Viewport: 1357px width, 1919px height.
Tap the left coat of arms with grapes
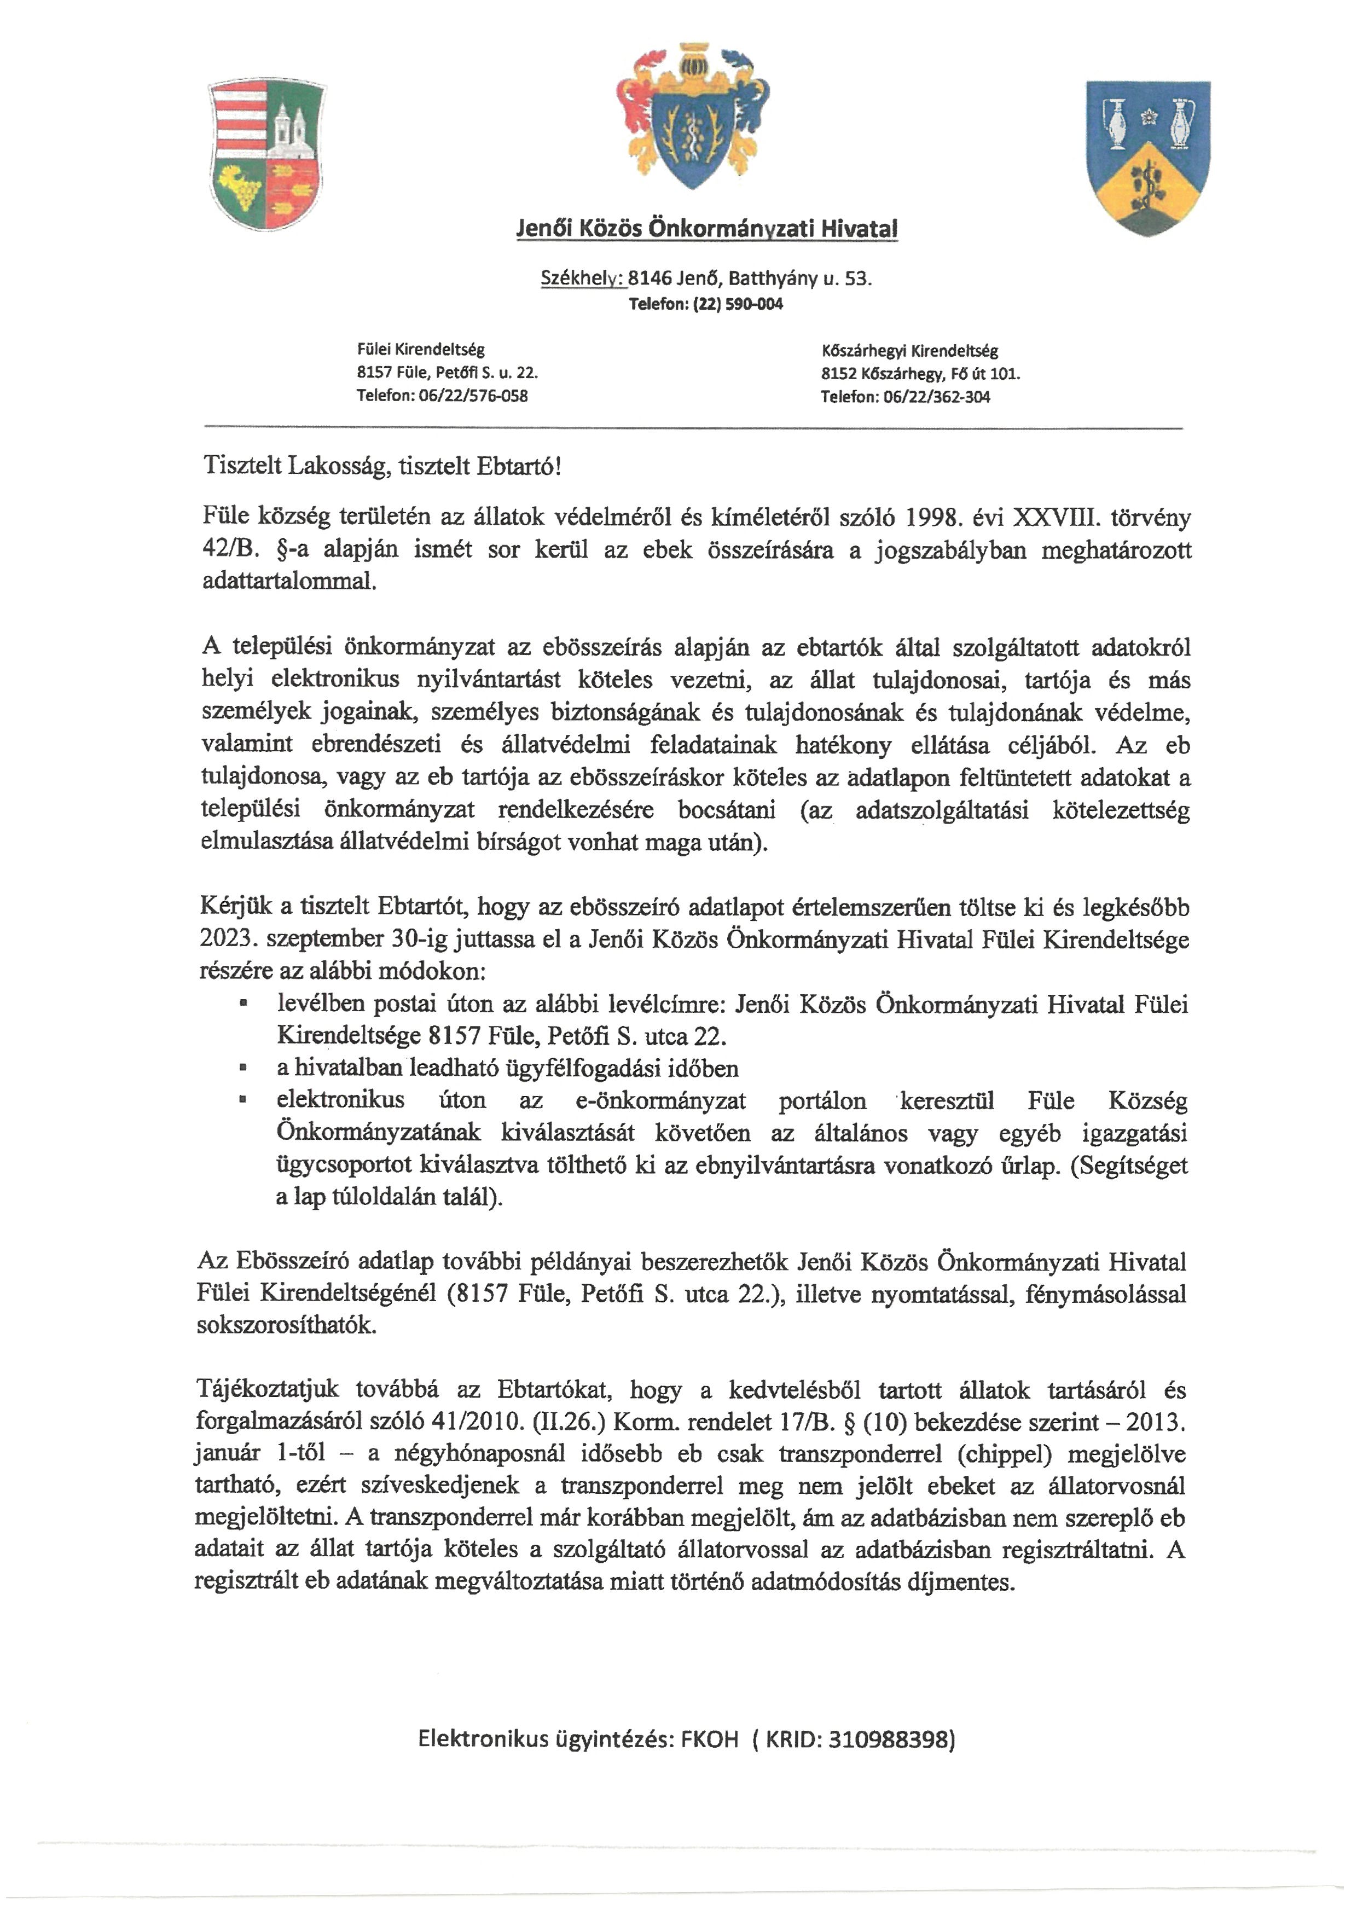[266, 155]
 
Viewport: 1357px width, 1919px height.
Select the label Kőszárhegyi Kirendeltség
[909, 351]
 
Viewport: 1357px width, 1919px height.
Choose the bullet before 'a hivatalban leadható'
[243, 1068]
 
